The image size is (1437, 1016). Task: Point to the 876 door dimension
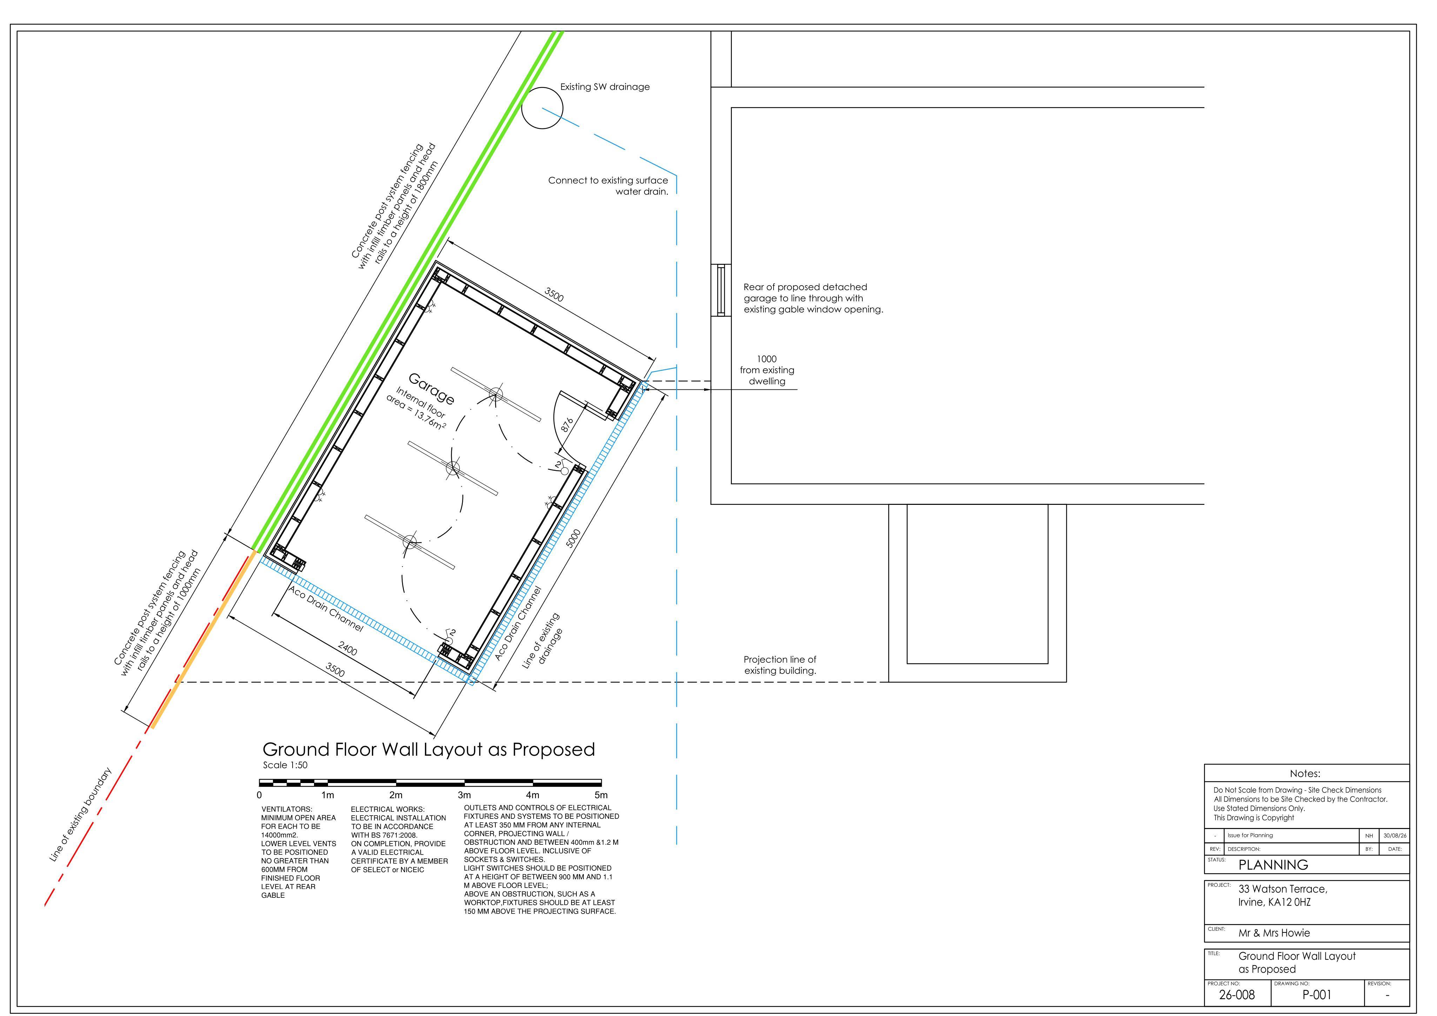click(x=567, y=426)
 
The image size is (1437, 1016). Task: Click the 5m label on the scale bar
click(x=601, y=795)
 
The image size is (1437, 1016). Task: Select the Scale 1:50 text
click(x=285, y=765)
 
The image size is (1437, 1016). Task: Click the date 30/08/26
click(x=1395, y=835)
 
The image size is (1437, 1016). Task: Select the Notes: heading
click(x=1305, y=774)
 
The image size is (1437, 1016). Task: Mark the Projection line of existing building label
click(x=780, y=665)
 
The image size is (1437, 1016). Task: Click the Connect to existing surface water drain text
click(x=608, y=186)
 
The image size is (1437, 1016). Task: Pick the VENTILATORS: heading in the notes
click(x=287, y=809)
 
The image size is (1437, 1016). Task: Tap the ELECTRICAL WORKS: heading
click(x=387, y=809)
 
